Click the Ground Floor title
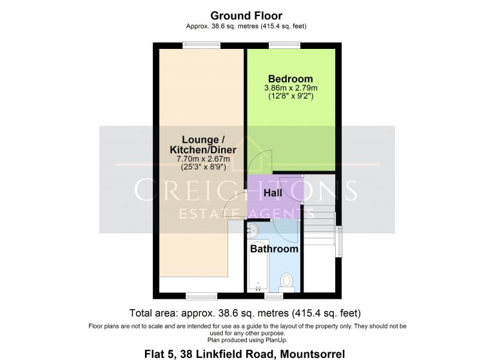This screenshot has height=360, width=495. click(x=246, y=15)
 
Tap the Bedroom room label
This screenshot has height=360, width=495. click(x=291, y=79)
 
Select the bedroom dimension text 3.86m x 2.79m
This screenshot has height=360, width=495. click(x=291, y=88)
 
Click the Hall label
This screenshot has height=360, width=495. click(x=273, y=193)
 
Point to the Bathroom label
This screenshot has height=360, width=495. click(x=274, y=249)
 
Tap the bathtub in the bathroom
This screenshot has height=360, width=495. click(x=258, y=266)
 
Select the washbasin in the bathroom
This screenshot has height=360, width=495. click(x=253, y=230)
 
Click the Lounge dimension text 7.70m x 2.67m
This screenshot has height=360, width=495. click(x=203, y=158)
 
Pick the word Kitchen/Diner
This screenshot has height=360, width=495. click(x=203, y=149)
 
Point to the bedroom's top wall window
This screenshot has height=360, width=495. click(x=284, y=46)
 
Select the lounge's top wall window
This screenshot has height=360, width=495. click(x=201, y=46)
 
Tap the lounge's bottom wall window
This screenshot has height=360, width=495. click(x=201, y=296)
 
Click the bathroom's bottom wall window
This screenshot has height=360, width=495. click(x=274, y=296)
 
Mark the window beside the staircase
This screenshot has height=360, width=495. click(x=338, y=242)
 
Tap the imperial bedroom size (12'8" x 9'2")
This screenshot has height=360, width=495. click(x=291, y=96)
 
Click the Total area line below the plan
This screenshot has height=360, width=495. click(x=245, y=313)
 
